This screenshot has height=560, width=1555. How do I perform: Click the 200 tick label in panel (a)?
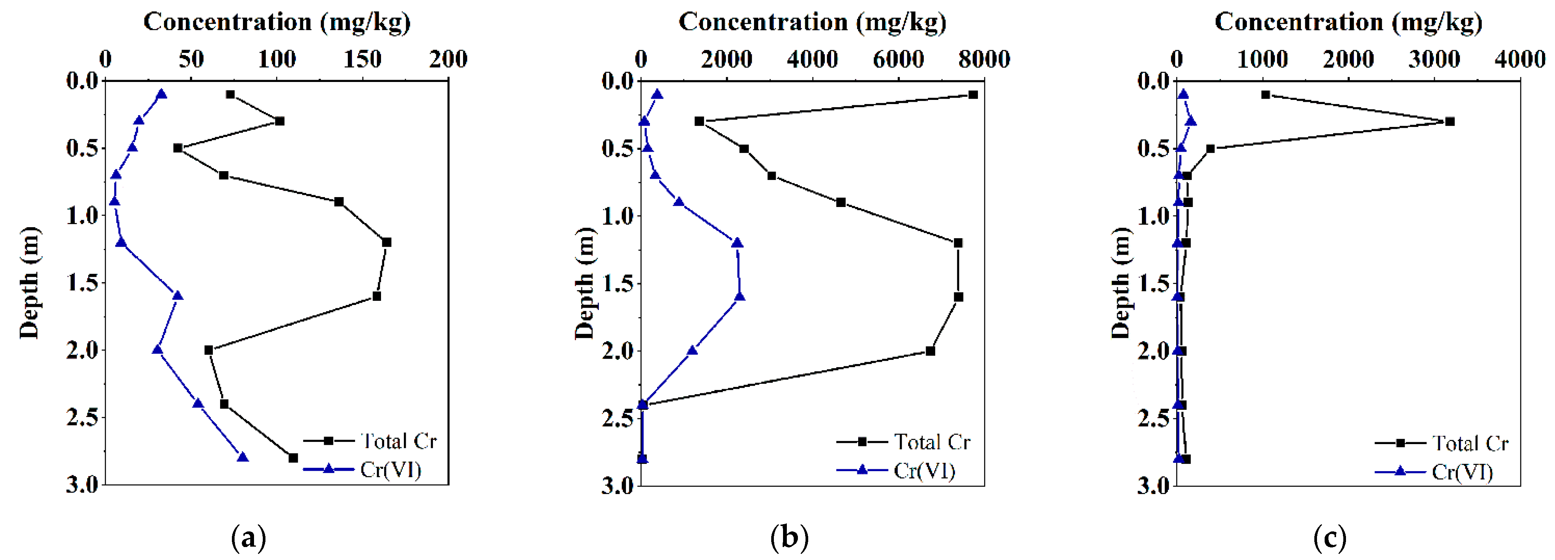pos(448,59)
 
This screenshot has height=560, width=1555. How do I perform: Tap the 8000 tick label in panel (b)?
pos(984,59)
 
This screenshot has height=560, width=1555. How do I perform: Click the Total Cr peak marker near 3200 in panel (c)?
pos(1449,121)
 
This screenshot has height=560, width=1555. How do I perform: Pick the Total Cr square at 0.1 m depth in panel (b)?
pos(973,95)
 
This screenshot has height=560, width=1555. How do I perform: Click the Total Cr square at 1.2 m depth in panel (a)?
pos(386,242)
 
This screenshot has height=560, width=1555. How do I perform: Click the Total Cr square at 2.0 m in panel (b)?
pos(930,351)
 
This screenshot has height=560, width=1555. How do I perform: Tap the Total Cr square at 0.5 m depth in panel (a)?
pos(177,148)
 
